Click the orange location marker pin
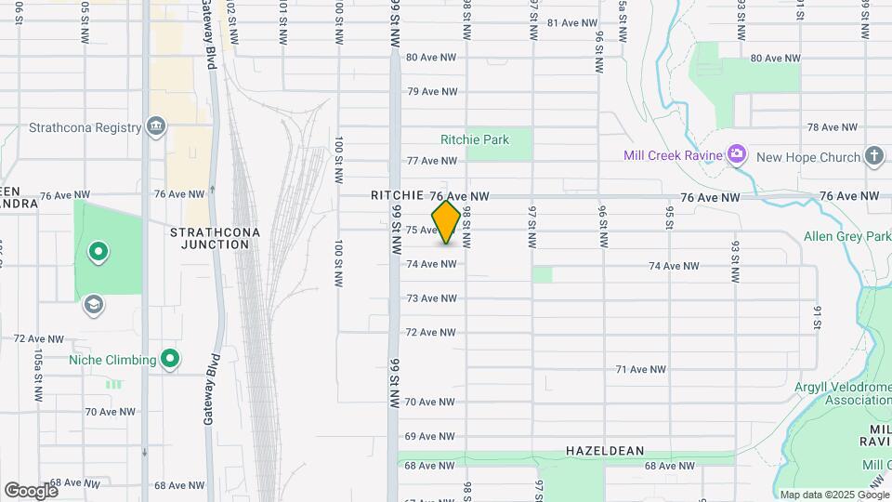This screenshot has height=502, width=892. [x=447, y=222]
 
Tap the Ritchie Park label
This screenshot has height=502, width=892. [x=475, y=140]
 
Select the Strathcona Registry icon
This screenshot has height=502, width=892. [x=156, y=126]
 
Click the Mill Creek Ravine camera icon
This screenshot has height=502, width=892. [x=737, y=153]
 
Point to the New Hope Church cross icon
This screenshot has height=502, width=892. [x=874, y=156]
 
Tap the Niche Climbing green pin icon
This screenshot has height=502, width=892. [x=170, y=358]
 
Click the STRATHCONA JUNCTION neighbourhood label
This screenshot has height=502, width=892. [x=210, y=237]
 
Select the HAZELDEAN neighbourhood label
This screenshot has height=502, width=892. [x=605, y=450]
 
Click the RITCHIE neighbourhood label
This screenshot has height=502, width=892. [x=398, y=196]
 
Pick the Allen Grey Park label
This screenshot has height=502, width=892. [x=846, y=237]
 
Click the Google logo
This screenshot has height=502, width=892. [x=30, y=490]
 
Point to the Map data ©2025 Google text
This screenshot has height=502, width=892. [x=833, y=495]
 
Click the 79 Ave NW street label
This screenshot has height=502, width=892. [x=433, y=91]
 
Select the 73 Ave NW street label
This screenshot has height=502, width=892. [x=433, y=298]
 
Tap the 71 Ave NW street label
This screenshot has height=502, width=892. [x=641, y=369]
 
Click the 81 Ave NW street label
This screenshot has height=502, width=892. [x=570, y=23]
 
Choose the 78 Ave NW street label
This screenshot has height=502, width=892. [x=832, y=127]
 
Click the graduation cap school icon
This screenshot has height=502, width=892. [x=93, y=303]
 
